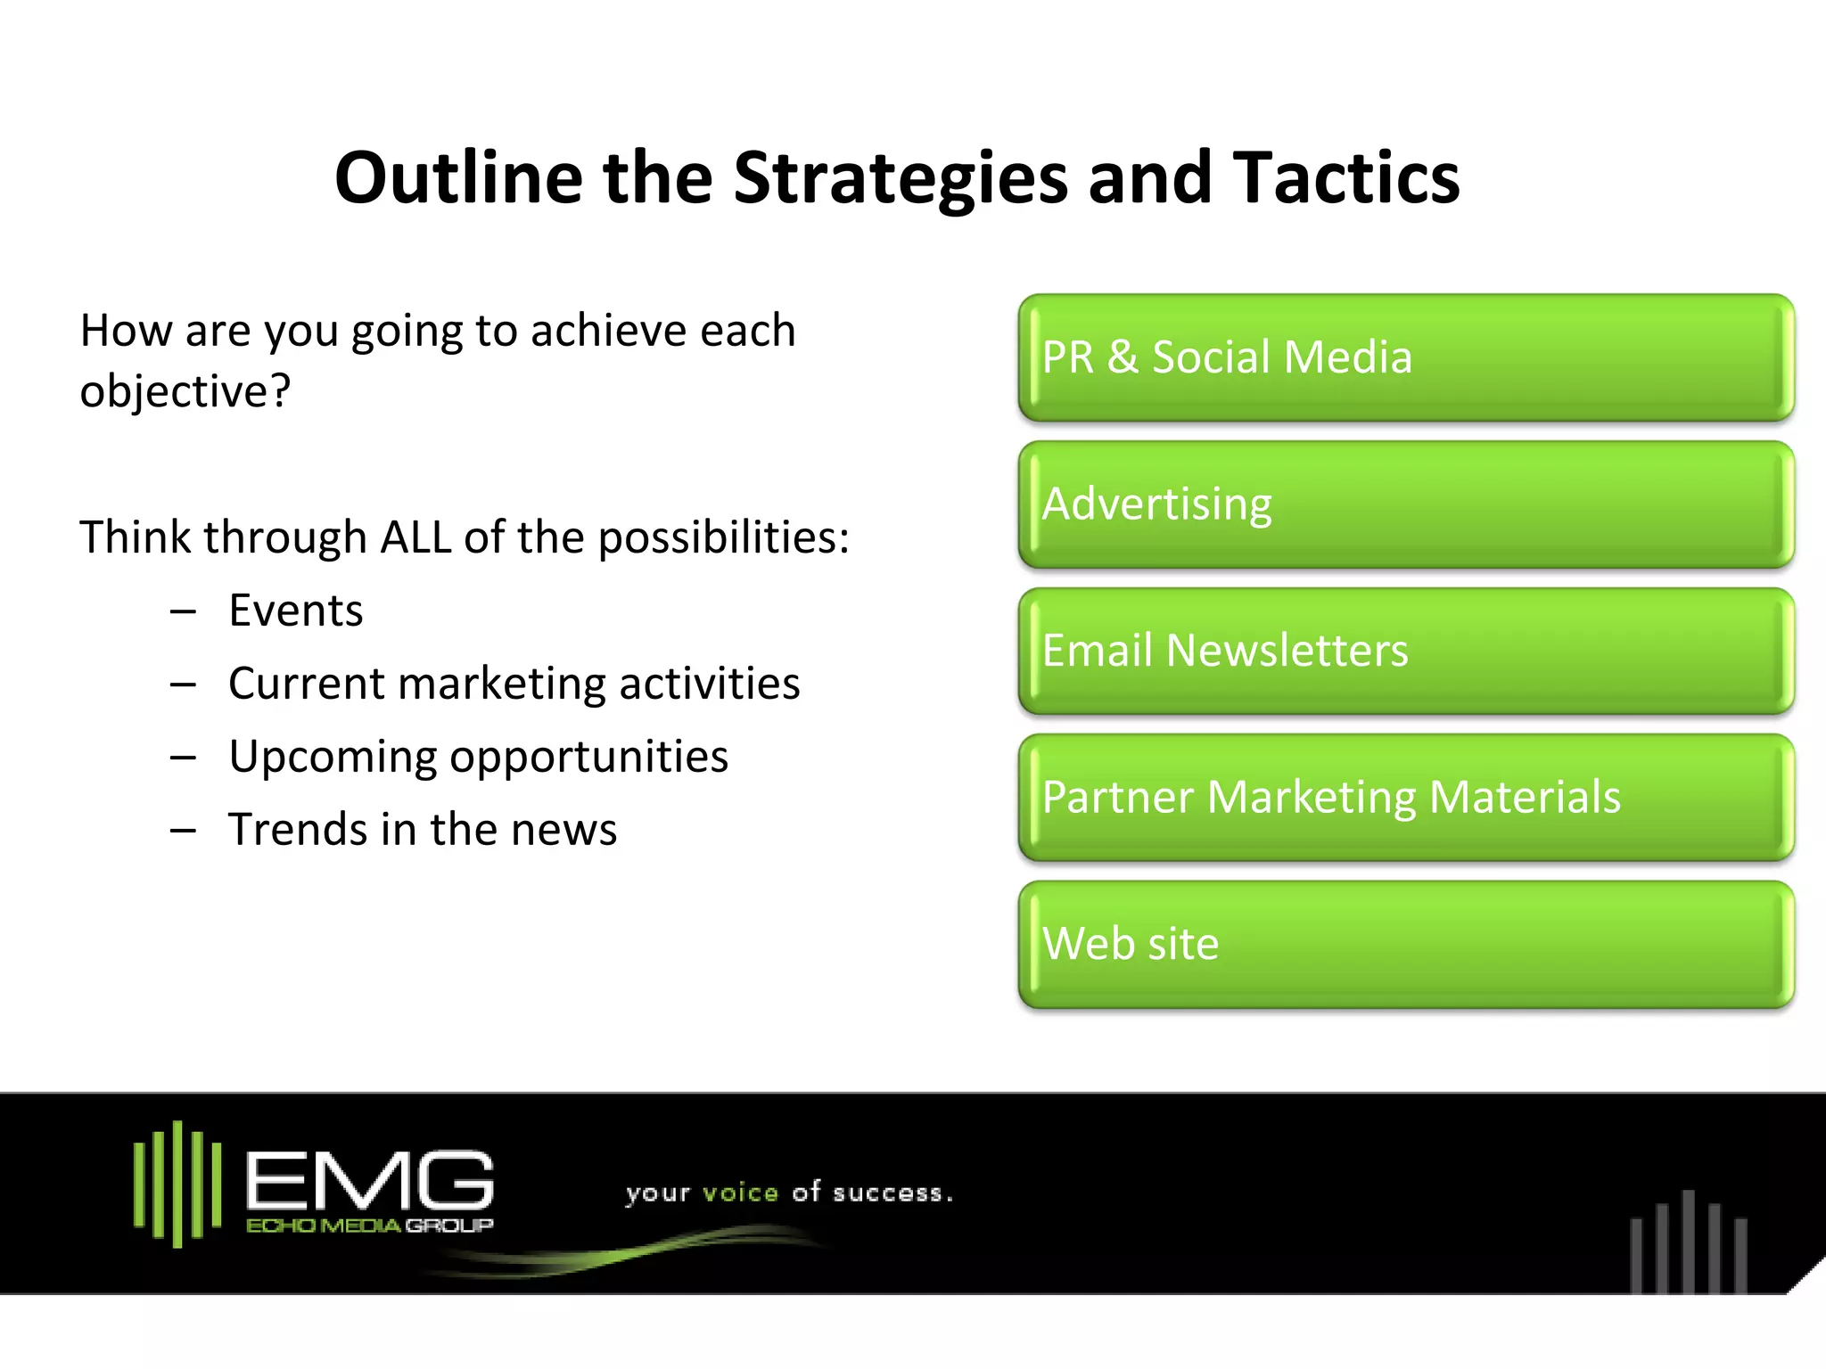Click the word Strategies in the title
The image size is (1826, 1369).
pyautogui.click(x=900, y=178)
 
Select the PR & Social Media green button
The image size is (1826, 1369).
pyautogui.click(x=1405, y=357)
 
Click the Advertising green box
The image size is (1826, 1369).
pyautogui.click(x=1405, y=504)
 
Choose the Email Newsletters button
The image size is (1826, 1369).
pyautogui.click(x=1405, y=651)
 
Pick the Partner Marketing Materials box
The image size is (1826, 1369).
pyautogui.click(x=1405, y=797)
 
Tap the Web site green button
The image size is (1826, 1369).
pyautogui.click(x=1405, y=944)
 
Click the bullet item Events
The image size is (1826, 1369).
pyautogui.click(x=295, y=611)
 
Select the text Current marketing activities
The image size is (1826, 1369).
pyautogui.click(x=514, y=684)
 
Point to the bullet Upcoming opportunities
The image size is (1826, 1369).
pyautogui.click(x=478, y=757)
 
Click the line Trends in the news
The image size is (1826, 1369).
pyautogui.click(x=422, y=830)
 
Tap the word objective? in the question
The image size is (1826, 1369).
pyautogui.click(x=185, y=392)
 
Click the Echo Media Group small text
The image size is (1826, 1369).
pyautogui.click(x=369, y=1226)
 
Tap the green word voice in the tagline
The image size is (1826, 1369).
pyautogui.click(x=740, y=1193)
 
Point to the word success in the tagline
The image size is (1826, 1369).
pyautogui.click(x=887, y=1193)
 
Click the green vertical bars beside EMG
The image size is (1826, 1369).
pyautogui.click(x=177, y=1184)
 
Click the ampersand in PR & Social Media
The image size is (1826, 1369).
pyautogui.click(x=1122, y=357)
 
